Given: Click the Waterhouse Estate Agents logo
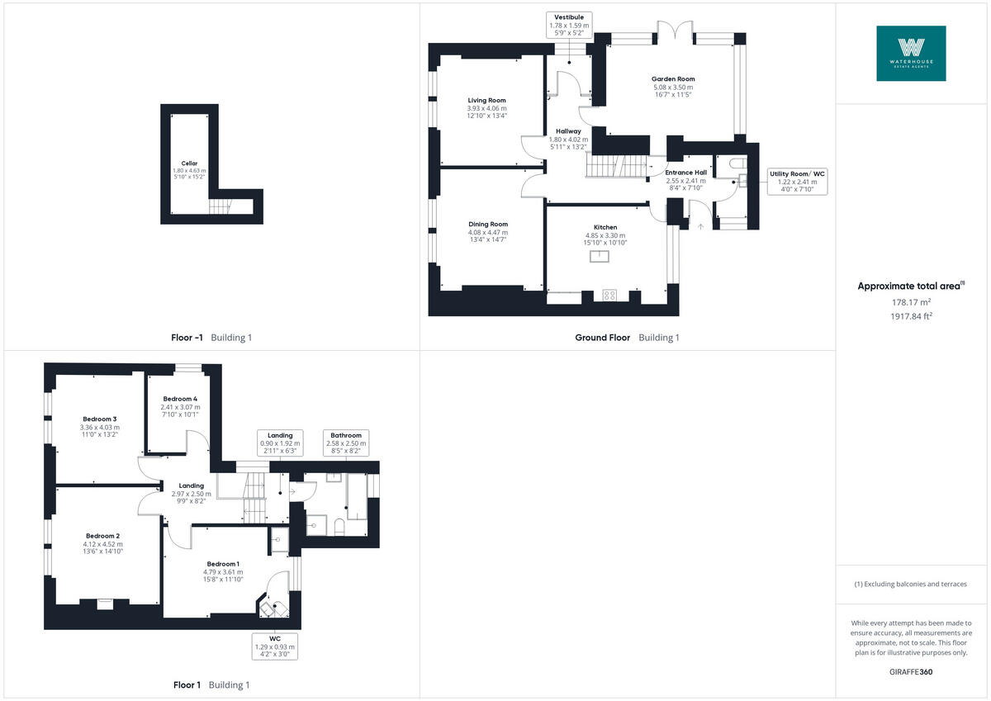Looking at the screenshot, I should [x=911, y=53].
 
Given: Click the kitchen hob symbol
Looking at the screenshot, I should [x=610, y=295].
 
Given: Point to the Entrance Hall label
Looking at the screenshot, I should [x=686, y=173].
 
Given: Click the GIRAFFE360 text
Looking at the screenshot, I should [x=911, y=672].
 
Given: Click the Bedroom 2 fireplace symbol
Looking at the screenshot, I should [x=105, y=604].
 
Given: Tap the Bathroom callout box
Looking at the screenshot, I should [x=346, y=443].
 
